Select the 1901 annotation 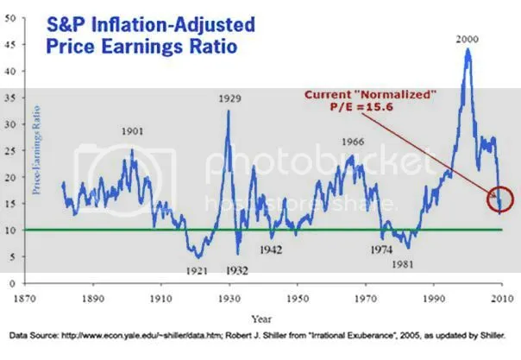132,134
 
